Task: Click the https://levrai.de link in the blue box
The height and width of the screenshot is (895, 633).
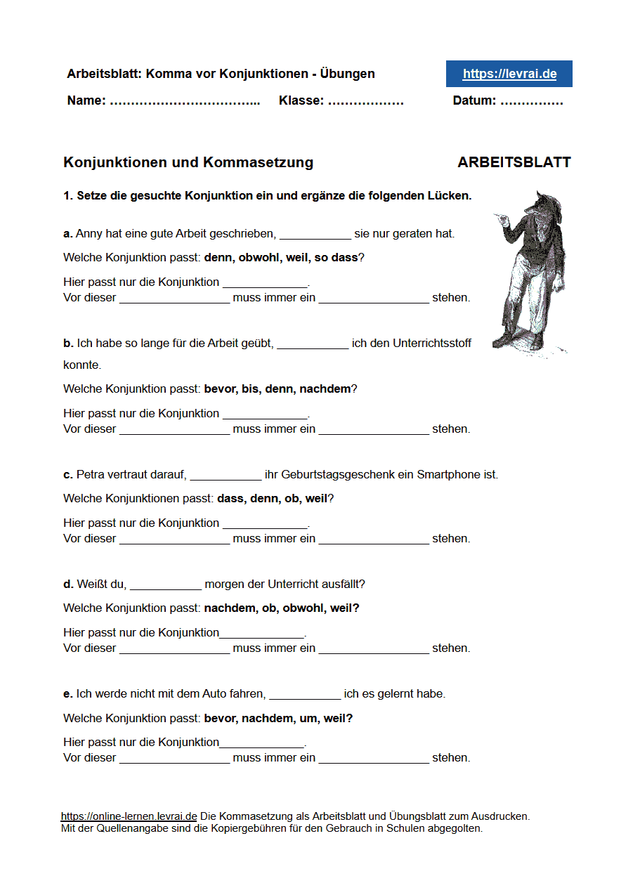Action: click(509, 74)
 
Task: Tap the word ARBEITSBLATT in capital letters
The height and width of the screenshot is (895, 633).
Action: click(514, 162)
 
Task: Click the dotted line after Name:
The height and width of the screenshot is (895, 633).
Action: click(185, 101)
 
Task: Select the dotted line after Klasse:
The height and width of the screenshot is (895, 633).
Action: click(365, 101)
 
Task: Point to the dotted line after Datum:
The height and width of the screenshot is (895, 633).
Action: click(532, 101)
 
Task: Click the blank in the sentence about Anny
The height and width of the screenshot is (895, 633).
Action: click(315, 234)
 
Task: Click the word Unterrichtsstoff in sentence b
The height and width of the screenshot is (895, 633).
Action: click(432, 344)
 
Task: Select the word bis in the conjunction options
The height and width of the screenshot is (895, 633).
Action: click(250, 388)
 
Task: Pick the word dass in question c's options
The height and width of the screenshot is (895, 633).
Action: click(230, 498)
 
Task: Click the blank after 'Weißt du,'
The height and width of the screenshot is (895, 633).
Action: click(166, 584)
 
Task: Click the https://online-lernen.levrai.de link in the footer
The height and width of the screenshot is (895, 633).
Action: click(129, 816)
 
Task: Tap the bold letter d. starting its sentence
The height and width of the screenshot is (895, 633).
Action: click(68, 584)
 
